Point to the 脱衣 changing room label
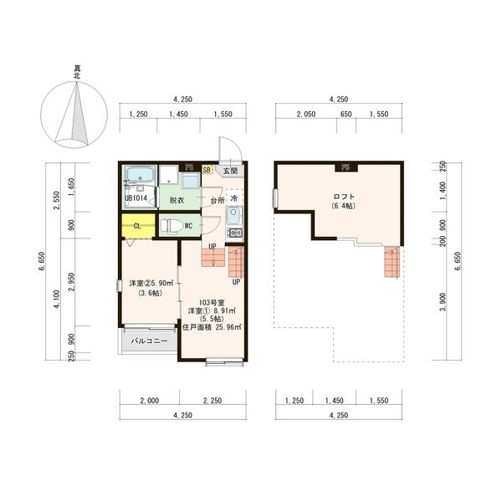click(x=177, y=201)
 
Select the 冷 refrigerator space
click(x=234, y=198)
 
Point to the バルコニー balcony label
click(x=150, y=342)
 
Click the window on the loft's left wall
click(x=274, y=198)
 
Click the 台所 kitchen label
click(x=216, y=201)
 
